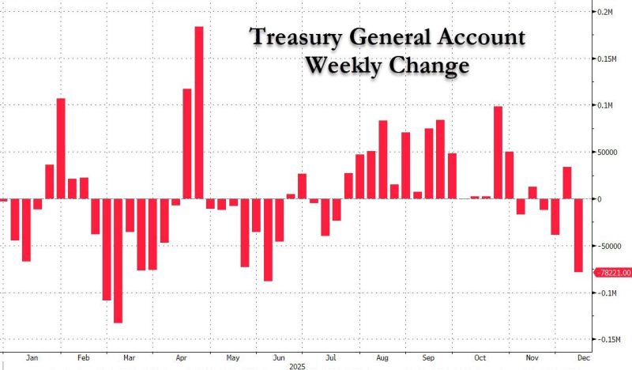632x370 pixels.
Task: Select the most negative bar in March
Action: [x=118, y=260]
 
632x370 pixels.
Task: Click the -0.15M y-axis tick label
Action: [x=610, y=339]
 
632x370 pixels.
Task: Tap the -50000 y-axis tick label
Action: [x=611, y=246]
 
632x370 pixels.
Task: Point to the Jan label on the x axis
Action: [x=32, y=357]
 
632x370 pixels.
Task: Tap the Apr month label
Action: [x=181, y=357]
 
